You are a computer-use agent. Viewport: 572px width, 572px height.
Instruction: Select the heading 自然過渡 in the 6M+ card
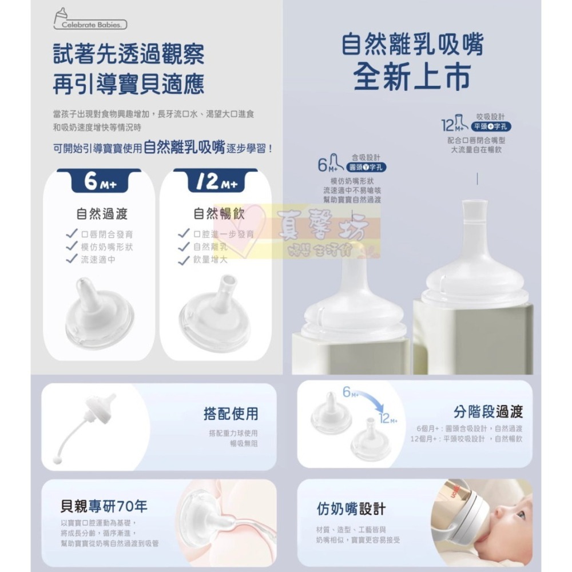(x=102, y=214)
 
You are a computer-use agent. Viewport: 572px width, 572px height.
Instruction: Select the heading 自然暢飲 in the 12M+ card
(x=219, y=214)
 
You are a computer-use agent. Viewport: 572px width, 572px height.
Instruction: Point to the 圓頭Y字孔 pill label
(x=367, y=168)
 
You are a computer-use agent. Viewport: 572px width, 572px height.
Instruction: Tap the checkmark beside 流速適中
(x=71, y=259)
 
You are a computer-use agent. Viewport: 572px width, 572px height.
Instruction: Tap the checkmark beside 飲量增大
(x=184, y=260)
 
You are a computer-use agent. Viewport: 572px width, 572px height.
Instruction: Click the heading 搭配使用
(x=231, y=413)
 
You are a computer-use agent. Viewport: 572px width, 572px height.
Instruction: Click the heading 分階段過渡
(x=488, y=411)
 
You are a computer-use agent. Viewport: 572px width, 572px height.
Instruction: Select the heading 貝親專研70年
(x=104, y=506)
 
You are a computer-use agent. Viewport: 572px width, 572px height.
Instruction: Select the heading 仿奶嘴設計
(x=351, y=509)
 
